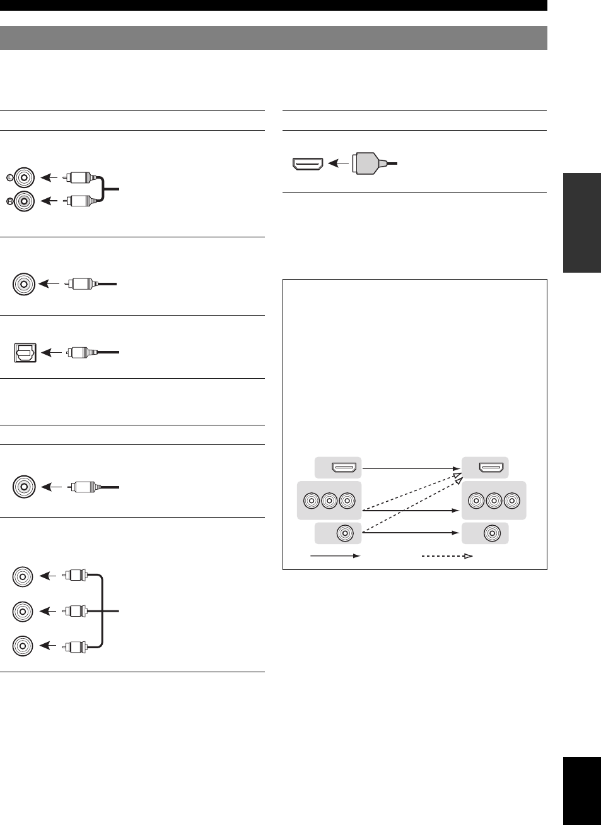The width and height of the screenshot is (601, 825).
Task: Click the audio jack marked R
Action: [x=23, y=201]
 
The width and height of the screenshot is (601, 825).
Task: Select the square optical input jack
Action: [x=26, y=352]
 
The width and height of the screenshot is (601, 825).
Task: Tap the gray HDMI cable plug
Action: [x=367, y=163]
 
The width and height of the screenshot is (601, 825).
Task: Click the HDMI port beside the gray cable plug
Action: [x=308, y=164]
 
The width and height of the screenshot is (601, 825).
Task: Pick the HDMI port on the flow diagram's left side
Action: [x=345, y=468]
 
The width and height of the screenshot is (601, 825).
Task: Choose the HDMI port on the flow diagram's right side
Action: [x=492, y=468]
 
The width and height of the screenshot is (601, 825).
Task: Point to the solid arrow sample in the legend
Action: [x=334, y=555]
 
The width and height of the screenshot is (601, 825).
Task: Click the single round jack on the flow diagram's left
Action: [x=344, y=533]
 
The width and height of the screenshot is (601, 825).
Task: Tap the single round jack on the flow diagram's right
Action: [x=492, y=533]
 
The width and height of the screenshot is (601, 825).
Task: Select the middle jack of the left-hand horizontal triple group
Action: [x=329, y=501]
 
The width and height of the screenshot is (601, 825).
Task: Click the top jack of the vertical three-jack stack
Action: [x=23, y=576]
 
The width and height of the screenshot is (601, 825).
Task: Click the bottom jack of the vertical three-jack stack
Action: [x=23, y=645]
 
